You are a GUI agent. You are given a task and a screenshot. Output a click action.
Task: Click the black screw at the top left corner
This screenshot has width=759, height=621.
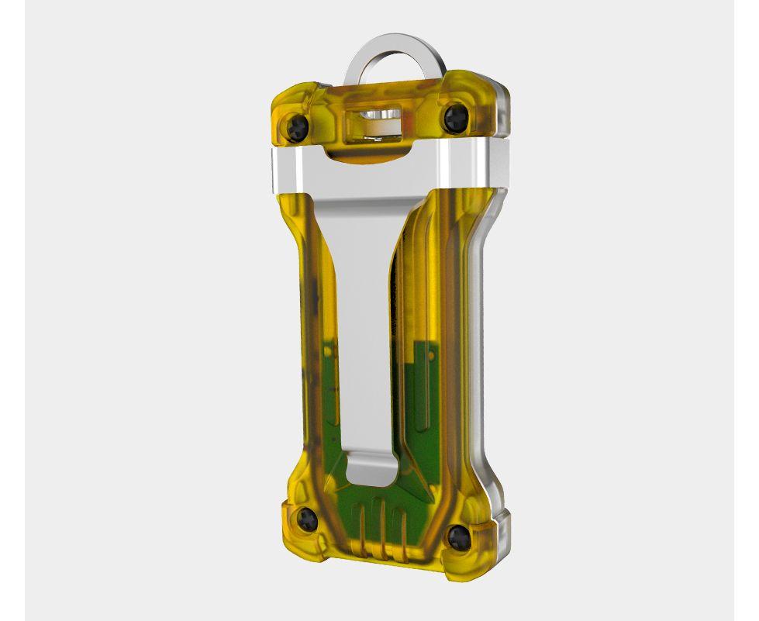coord(296,125)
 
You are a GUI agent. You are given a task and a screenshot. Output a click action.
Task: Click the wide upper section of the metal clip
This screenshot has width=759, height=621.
coord(364,202)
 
